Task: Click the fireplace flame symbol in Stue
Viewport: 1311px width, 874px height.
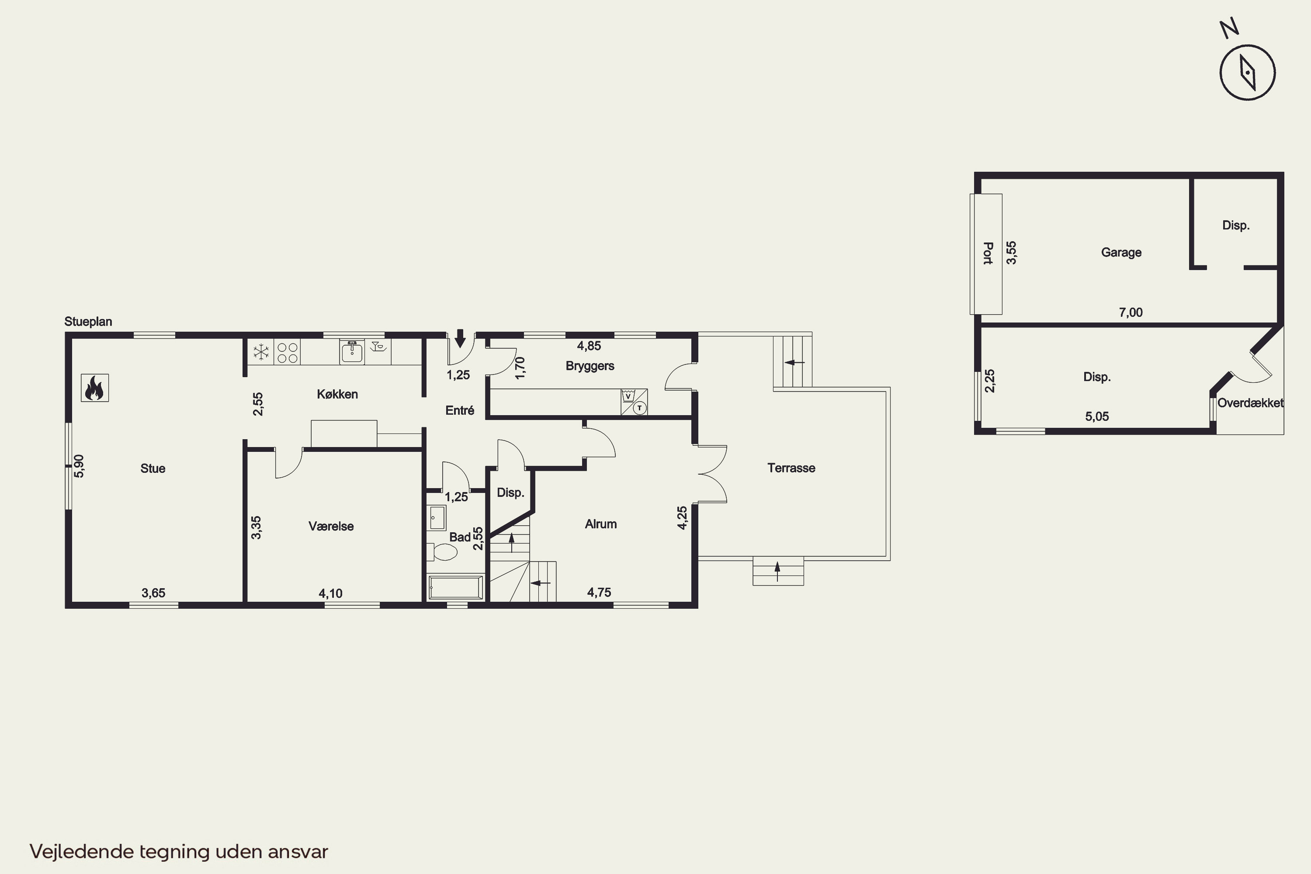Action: pyautogui.click(x=94, y=388)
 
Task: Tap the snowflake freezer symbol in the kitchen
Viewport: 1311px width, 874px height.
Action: pyautogui.click(x=261, y=352)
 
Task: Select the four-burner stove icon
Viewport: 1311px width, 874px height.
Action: pyautogui.click(x=287, y=352)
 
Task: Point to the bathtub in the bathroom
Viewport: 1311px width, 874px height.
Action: pyautogui.click(x=455, y=587)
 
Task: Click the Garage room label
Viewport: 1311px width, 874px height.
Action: pyautogui.click(x=1121, y=253)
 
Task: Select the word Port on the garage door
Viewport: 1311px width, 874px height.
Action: pyautogui.click(x=988, y=253)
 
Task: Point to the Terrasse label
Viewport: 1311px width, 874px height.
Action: pyautogui.click(x=791, y=468)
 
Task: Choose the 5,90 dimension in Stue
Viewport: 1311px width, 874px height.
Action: pyautogui.click(x=79, y=466)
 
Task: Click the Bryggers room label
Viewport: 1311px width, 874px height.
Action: pyautogui.click(x=590, y=366)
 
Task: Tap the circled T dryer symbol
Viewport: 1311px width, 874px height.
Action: pyautogui.click(x=640, y=408)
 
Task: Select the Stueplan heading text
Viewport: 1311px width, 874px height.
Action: pyautogui.click(x=88, y=322)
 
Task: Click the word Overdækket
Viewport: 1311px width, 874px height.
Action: pyautogui.click(x=1250, y=403)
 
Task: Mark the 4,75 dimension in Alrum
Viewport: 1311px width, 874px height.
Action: pyautogui.click(x=599, y=593)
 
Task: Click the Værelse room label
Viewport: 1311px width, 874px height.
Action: pyautogui.click(x=331, y=526)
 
